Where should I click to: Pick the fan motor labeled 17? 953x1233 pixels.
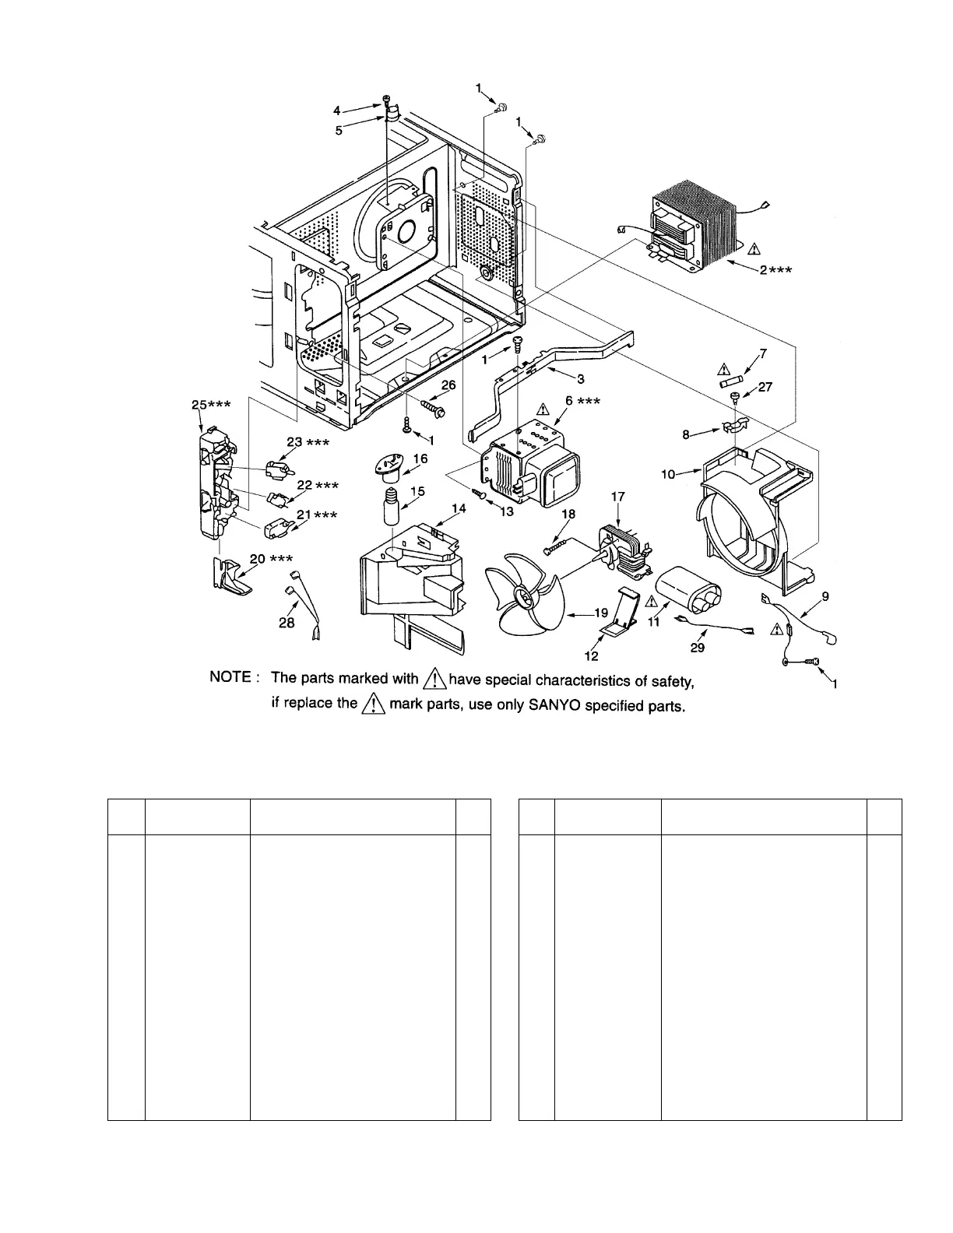coord(624,550)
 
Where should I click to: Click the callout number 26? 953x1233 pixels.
coord(448,385)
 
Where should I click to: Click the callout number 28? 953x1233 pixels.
coord(287,624)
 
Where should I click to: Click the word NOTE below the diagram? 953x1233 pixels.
coord(230,677)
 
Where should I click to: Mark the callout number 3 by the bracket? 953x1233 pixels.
coord(580,378)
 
